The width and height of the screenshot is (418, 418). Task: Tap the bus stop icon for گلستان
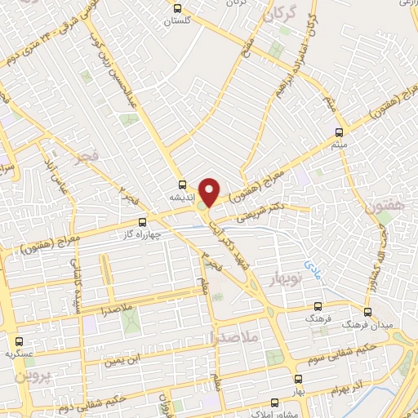coord(178,9)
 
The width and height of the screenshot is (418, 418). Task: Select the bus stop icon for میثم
coord(340,131)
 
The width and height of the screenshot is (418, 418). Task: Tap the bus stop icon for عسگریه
coord(19,340)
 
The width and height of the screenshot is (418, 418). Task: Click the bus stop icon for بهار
coord(297,380)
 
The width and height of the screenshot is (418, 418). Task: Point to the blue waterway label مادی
coord(313,265)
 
